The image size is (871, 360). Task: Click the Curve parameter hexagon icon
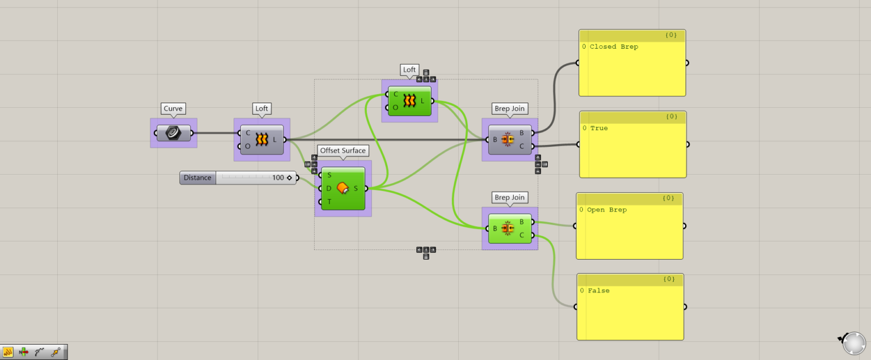pyautogui.click(x=174, y=133)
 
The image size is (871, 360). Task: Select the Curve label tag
pyautogui.click(x=173, y=108)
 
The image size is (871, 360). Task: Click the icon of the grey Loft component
pyautogui.click(x=261, y=139)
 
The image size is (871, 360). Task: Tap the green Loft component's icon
pyautogui.click(x=409, y=101)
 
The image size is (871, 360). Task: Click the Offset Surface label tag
pyautogui.click(x=343, y=150)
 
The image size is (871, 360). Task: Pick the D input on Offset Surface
pyautogui.click(x=329, y=188)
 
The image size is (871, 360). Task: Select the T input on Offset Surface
pyautogui.click(x=329, y=201)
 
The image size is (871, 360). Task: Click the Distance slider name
pyautogui.click(x=197, y=177)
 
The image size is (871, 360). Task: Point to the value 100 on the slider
pyautogui.click(x=278, y=177)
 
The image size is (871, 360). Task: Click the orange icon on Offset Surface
pyautogui.click(x=343, y=188)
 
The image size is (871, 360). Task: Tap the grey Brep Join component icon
pyautogui.click(x=508, y=139)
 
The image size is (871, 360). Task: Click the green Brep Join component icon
pyautogui.click(x=508, y=228)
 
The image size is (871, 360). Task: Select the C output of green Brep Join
pyautogui.click(x=522, y=235)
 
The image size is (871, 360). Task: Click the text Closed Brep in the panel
pyautogui.click(x=614, y=46)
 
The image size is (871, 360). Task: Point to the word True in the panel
pyautogui.click(x=599, y=128)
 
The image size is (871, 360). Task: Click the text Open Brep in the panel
pyautogui.click(x=607, y=210)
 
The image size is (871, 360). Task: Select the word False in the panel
pyautogui.click(x=599, y=290)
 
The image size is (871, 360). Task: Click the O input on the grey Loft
pyautogui.click(x=248, y=146)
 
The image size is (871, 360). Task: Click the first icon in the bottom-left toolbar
pyautogui.click(x=9, y=352)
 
